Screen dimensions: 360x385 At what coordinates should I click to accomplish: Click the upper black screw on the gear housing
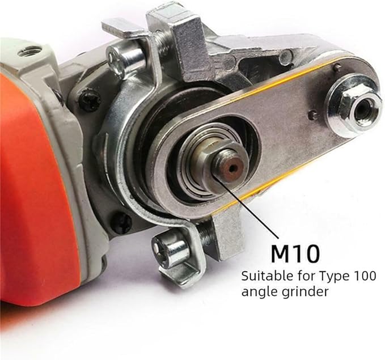point(89,100)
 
